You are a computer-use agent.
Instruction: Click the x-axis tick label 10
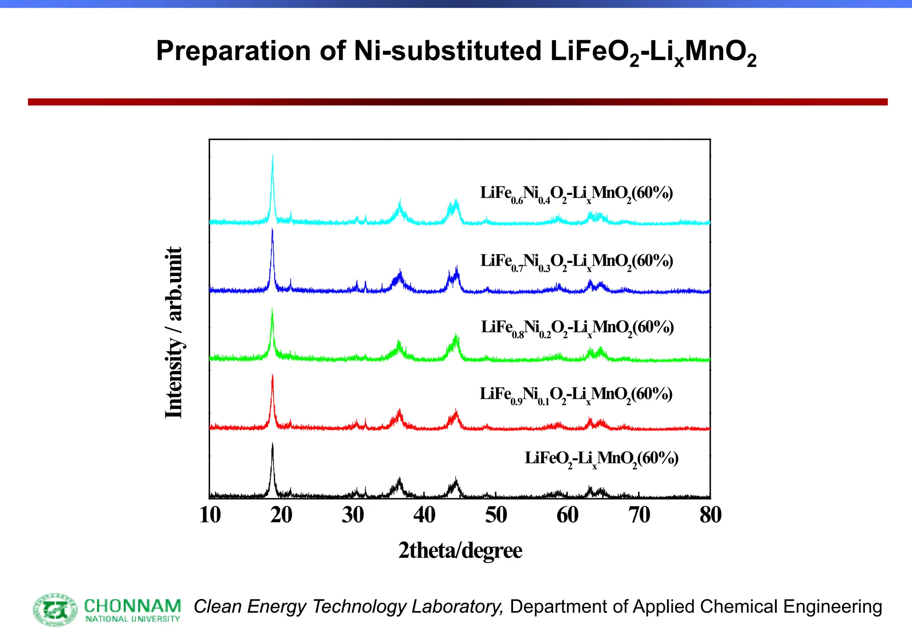tap(210, 515)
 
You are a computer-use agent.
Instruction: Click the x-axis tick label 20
tap(281, 515)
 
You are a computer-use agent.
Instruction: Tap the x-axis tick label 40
tap(424, 515)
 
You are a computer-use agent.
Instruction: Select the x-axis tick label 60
tap(567, 515)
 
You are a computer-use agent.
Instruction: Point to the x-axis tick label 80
tap(710, 515)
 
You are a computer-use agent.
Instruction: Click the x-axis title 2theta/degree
tap(460, 550)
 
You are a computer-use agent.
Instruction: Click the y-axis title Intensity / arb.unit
tap(174, 332)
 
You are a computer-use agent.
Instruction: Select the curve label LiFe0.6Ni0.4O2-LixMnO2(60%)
tap(576, 194)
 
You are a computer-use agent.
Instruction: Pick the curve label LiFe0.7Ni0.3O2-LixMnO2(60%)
tap(577, 262)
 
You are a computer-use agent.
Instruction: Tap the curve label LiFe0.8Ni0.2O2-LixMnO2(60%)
tap(577, 328)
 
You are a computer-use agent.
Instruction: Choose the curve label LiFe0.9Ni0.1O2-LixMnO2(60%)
tap(576, 395)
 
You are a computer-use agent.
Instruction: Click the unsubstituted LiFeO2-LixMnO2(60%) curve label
tap(602, 459)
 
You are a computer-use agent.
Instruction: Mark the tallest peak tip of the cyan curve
tap(273, 155)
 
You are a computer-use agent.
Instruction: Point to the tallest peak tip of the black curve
tap(273, 444)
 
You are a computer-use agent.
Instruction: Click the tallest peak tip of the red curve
tap(273, 375)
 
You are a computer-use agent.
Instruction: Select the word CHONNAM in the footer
tap(133, 606)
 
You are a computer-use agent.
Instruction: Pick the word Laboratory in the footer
tap(457, 607)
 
